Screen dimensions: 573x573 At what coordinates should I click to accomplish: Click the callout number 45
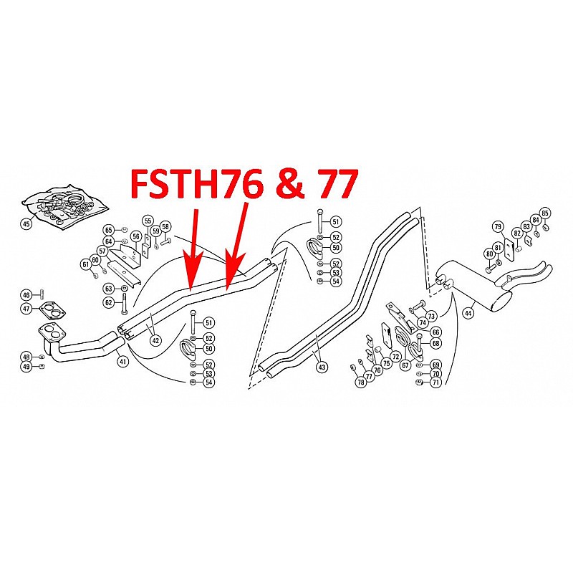tap(27, 224)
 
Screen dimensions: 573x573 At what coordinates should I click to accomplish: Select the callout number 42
tap(155, 341)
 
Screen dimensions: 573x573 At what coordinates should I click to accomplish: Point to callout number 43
tap(322, 367)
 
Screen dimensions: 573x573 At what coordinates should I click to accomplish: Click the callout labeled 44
tap(468, 312)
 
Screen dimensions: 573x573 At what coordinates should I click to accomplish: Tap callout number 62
tap(109, 302)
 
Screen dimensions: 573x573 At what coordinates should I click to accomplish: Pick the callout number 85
tap(545, 213)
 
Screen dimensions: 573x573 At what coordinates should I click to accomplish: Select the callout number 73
tap(430, 316)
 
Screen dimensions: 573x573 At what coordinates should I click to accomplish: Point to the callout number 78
tap(361, 382)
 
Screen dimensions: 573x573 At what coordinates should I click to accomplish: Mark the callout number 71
tap(435, 383)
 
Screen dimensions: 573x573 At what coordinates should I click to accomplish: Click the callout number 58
tap(165, 226)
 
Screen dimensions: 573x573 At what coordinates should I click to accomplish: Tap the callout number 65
tap(109, 230)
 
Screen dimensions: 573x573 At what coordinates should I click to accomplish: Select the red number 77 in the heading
tap(332, 185)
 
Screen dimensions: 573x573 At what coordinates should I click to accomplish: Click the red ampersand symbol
tap(288, 185)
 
